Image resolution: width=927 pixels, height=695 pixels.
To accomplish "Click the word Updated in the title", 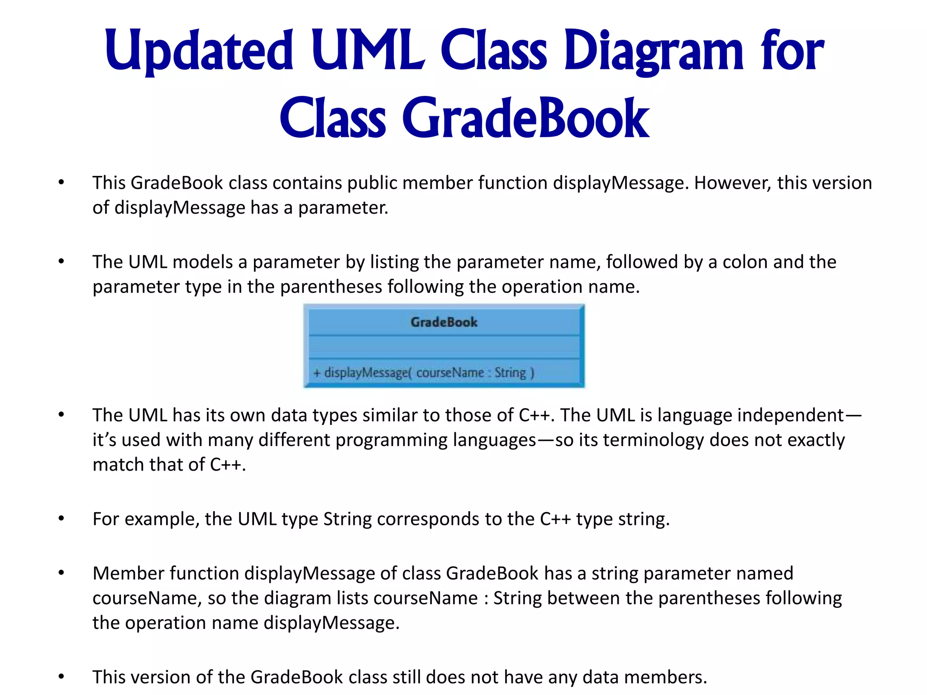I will (199, 51).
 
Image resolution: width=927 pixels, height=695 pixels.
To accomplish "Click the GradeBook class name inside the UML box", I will (444, 322).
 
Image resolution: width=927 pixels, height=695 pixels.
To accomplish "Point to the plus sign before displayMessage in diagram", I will (317, 373).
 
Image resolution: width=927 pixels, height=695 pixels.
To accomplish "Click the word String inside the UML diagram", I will (510, 373).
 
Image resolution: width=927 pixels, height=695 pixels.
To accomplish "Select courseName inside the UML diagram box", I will (450, 373).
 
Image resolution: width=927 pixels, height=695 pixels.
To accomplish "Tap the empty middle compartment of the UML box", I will (444, 347).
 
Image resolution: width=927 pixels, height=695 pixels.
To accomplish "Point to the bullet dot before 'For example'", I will (62, 519).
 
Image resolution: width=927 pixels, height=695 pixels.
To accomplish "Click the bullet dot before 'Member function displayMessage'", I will (62, 573).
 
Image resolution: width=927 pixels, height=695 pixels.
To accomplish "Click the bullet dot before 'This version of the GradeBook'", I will (62, 677).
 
